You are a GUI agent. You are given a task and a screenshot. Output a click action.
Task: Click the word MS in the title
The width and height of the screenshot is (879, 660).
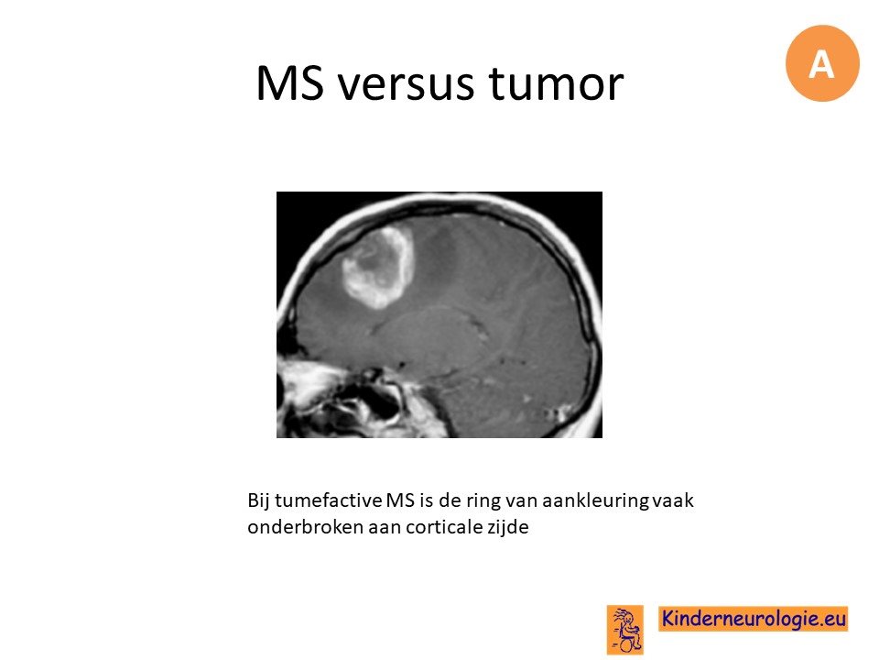tap(290, 82)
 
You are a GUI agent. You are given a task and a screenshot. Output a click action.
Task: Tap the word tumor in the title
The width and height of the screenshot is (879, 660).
tap(556, 82)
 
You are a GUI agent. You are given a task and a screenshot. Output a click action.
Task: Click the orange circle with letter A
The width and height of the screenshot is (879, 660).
tap(822, 63)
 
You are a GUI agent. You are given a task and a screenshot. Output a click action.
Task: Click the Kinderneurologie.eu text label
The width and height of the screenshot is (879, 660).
tap(754, 619)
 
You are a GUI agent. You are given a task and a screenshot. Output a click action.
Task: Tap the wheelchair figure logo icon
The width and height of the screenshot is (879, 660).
tap(625, 630)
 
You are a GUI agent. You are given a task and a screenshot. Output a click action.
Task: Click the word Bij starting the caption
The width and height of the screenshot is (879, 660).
tap(258, 500)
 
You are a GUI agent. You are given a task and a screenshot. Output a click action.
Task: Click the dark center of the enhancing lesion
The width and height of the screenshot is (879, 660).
tap(376, 270)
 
